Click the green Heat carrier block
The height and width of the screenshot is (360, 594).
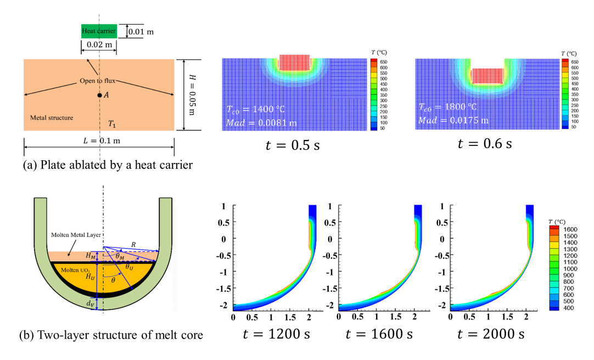98,31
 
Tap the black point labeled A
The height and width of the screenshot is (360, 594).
99,95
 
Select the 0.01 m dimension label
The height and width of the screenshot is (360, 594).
141,32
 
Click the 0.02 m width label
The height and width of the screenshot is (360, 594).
98,44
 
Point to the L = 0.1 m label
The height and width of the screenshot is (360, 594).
99,141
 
